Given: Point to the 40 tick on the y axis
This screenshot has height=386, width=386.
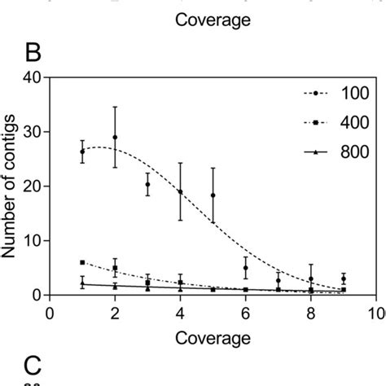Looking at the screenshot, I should pos(34,78).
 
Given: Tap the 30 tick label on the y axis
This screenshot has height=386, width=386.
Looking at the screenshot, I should pos(34,132).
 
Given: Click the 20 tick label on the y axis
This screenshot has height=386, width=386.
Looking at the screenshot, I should pos(34,186).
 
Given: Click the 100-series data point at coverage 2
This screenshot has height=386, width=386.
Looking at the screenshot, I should pos(115,138).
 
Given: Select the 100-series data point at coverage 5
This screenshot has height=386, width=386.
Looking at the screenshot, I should pos(213,195).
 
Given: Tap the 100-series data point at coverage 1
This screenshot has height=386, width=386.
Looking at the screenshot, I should pos(82,151).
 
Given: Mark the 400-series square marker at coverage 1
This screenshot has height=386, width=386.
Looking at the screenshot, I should pos(82,262).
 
